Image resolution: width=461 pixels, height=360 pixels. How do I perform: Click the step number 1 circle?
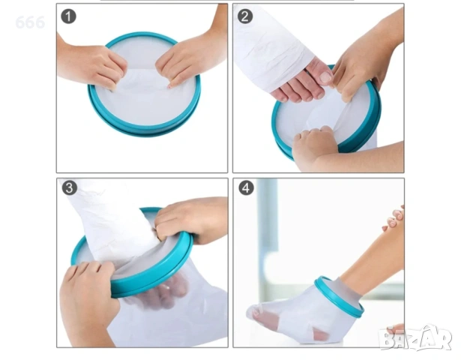(68, 16)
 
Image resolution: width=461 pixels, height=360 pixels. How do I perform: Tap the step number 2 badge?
(245, 16)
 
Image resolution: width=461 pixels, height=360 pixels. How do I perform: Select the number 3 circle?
(70, 187)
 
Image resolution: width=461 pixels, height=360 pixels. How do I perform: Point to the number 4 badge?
(246, 187)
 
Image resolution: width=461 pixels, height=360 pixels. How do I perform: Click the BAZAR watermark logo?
(416, 337)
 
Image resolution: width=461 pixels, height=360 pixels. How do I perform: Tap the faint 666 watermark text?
(30, 22)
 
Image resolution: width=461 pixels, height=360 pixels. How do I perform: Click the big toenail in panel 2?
(326, 77)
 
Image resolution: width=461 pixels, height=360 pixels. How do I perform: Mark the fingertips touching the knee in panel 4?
(394, 220)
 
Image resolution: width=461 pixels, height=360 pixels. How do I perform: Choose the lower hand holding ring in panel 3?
(88, 297)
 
